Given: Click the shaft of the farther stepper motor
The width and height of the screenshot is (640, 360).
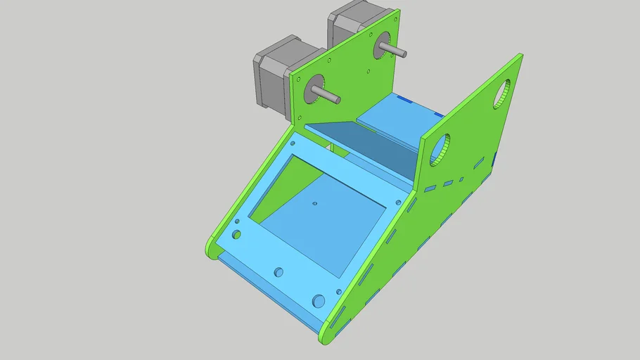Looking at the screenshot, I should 394,49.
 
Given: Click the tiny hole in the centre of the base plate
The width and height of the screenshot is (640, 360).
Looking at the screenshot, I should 314,204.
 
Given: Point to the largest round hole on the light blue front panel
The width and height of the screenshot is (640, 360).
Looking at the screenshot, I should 320,301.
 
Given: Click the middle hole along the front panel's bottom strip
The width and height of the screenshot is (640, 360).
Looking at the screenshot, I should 279,271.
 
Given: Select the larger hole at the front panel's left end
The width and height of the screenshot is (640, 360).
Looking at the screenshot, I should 236,234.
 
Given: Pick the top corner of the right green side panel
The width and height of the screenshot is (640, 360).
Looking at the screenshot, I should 520,56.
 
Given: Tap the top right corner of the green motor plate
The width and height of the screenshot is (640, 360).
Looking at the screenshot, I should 398,11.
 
